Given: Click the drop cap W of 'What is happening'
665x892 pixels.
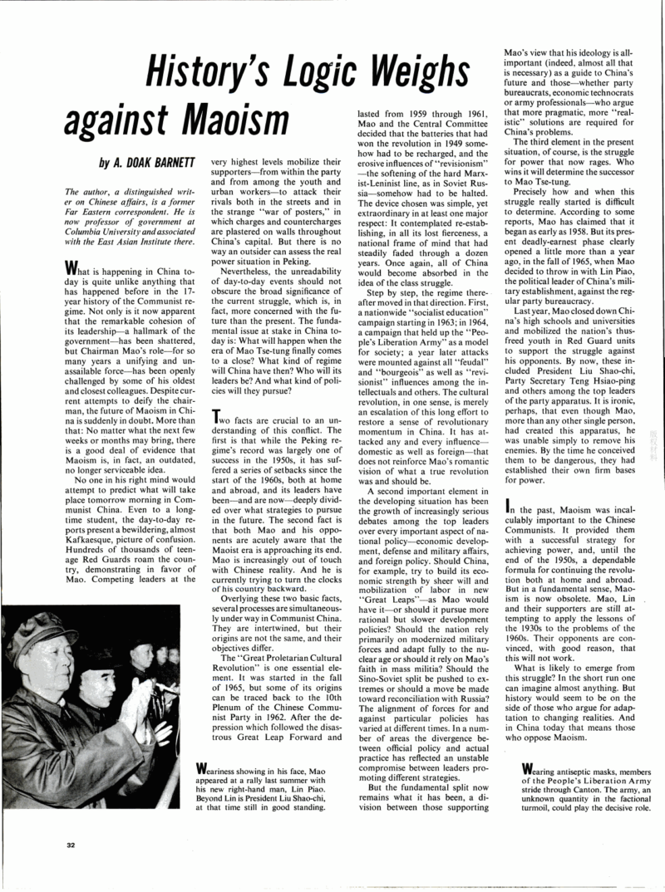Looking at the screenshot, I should tap(71, 267).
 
